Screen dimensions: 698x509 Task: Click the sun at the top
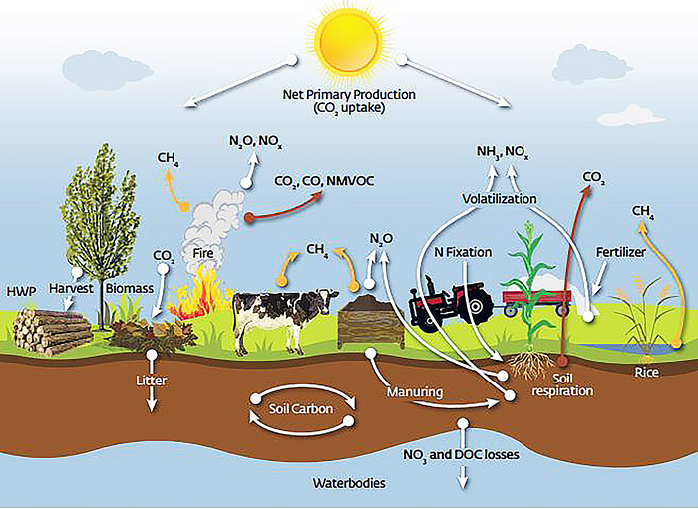pyautogui.click(x=347, y=38)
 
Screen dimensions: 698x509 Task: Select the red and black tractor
pyautogui.click(x=451, y=302)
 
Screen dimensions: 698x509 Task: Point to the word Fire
pyautogui.click(x=203, y=253)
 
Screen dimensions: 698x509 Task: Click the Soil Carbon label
pyautogui.click(x=301, y=408)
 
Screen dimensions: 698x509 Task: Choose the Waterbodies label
pyautogui.click(x=349, y=483)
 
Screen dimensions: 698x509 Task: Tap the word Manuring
pyautogui.click(x=415, y=392)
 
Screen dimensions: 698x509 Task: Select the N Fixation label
pyautogui.click(x=463, y=252)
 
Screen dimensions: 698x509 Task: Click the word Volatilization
pyautogui.click(x=500, y=198)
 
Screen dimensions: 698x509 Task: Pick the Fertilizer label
pyautogui.click(x=621, y=252)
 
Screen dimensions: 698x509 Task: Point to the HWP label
pyautogui.click(x=21, y=291)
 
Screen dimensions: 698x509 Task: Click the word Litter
pyautogui.click(x=152, y=381)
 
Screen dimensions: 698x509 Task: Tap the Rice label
pyautogui.click(x=647, y=372)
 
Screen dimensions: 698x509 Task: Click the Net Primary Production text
pyautogui.click(x=349, y=95)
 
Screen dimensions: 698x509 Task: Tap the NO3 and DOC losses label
pyautogui.click(x=461, y=455)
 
